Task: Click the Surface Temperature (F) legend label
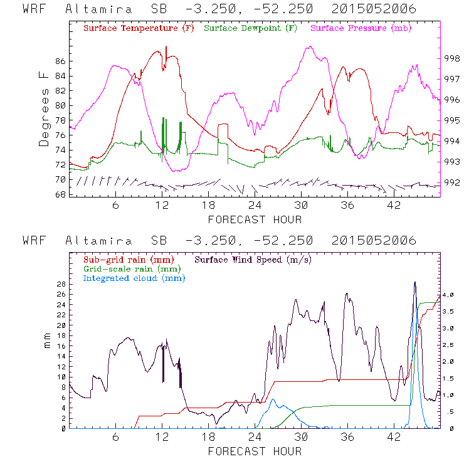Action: point(139,28)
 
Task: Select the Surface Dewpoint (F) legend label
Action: point(250,28)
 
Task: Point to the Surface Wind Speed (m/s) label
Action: point(254,258)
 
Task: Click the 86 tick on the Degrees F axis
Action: point(60,61)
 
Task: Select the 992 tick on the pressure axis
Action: point(453,184)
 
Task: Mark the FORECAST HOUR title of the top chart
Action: point(255,219)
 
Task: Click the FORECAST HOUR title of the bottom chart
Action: point(255,451)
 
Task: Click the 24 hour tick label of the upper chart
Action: point(255,205)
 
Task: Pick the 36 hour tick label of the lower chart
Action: point(347,436)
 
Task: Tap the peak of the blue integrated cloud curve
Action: point(414,282)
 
